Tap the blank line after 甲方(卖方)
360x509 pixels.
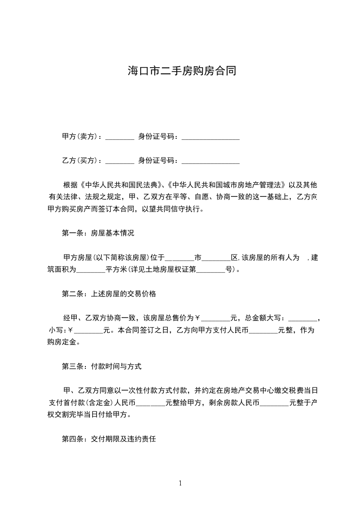(120, 138)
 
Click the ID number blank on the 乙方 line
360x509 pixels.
(210, 162)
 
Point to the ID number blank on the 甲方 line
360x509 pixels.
(210, 138)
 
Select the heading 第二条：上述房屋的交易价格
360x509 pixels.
(109, 294)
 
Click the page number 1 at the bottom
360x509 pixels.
(180, 484)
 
